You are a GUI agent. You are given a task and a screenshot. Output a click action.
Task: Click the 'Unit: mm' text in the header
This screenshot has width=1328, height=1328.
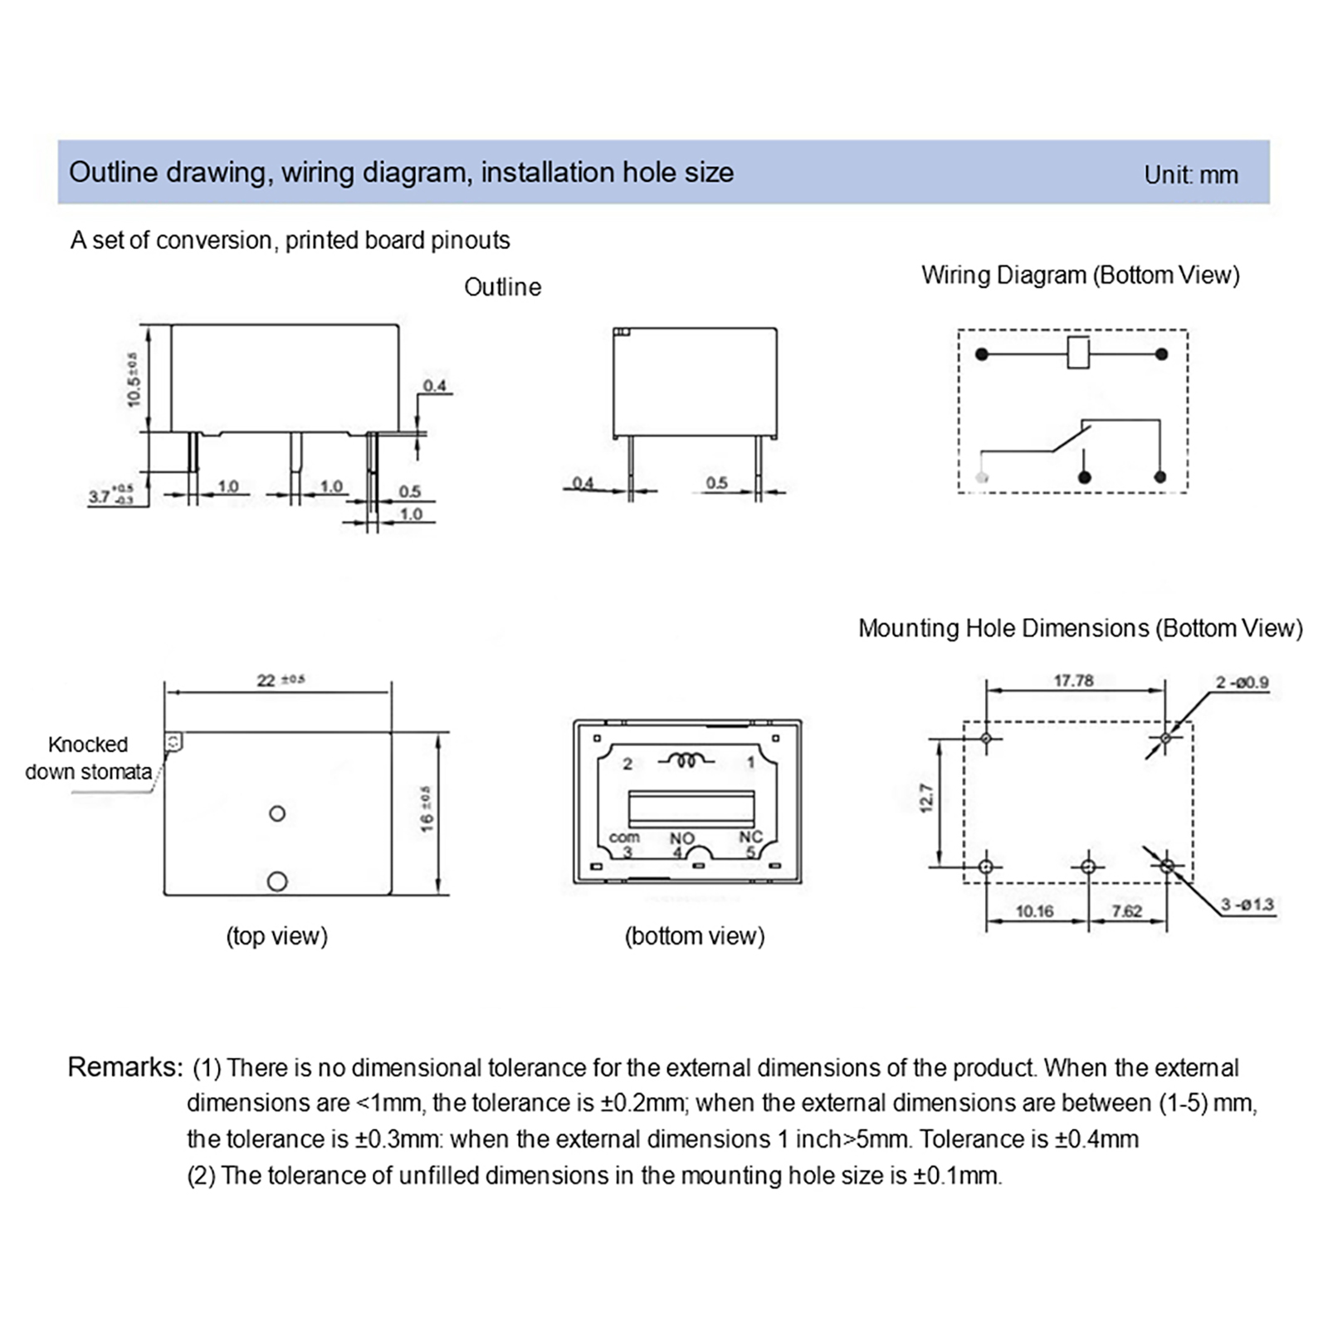(x=1190, y=175)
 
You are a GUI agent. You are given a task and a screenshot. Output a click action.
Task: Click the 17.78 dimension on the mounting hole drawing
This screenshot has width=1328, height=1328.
(x=1073, y=681)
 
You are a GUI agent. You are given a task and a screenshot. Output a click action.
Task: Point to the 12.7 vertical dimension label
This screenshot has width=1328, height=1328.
(x=927, y=798)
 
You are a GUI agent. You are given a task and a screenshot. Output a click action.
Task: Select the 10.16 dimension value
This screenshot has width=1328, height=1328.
(x=1034, y=911)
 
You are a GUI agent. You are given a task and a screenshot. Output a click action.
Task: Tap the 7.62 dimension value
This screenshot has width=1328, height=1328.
(x=1126, y=911)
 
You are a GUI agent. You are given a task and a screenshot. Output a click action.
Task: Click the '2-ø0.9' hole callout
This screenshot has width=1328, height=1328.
(x=1242, y=682)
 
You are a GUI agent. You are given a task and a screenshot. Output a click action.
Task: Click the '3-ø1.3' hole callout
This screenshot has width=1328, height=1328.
(x=1247, y=904)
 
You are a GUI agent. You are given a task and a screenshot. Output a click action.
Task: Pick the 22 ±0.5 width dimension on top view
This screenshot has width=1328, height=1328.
(x=280, y=681)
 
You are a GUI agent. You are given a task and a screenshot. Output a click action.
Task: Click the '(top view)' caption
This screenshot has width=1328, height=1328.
(x=276, y=936)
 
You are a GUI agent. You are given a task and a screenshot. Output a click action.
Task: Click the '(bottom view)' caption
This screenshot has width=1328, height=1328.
(x=694, y=936)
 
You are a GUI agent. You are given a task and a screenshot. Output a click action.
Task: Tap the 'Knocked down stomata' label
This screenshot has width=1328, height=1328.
(x=88, y=758)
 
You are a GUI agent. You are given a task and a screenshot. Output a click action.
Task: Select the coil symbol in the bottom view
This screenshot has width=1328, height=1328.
(x=686, y=760)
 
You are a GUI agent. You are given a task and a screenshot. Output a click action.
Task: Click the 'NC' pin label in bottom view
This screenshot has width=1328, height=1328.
(x=750, y=837)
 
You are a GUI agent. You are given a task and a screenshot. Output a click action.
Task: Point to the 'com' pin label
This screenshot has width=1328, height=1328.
(x=624, y=837)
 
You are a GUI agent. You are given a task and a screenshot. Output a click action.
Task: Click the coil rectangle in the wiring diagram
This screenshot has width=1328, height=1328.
(x=1077, y=353)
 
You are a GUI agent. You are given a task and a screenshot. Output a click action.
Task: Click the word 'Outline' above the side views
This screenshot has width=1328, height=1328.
(x=502, y=287)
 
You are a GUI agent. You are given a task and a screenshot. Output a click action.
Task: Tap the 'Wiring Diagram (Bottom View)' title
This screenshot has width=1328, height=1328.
(x=1080, y=276)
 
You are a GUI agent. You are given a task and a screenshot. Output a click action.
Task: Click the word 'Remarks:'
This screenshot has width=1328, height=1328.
(x=124, y=1067)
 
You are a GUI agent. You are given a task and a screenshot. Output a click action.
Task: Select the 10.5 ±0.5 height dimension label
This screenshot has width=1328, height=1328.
(x=134, y=379)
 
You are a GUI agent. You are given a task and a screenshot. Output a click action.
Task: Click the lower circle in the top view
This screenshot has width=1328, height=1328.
(x=277, y=881)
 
